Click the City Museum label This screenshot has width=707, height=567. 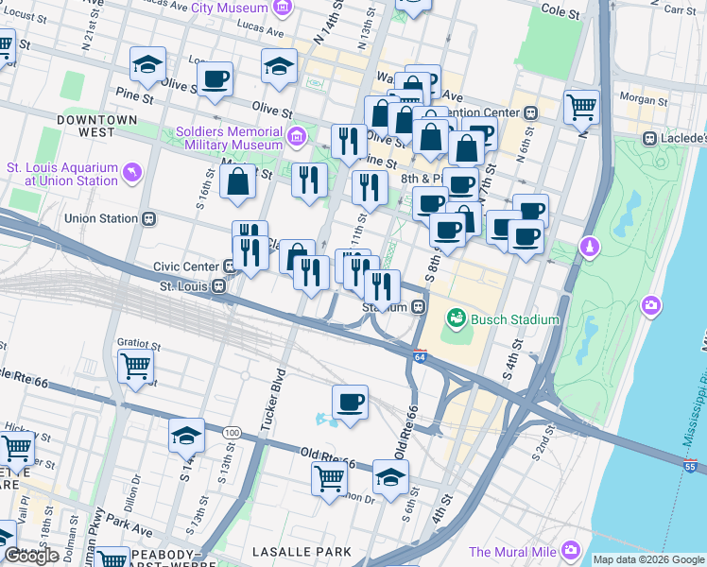click(229, 8)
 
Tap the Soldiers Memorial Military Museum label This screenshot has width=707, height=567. click(230, 138)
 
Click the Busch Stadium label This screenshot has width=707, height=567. click(516, 319)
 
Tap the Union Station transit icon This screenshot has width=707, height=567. click(148, 219)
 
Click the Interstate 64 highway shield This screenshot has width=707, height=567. click(420, 355)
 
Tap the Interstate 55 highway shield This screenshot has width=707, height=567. click(692, 465)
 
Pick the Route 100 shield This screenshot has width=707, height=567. click(232, 432)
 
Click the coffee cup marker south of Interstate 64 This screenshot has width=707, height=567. click(350, 404)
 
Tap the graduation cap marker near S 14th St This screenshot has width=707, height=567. click(186, 436)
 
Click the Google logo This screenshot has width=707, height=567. click(32, 556)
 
